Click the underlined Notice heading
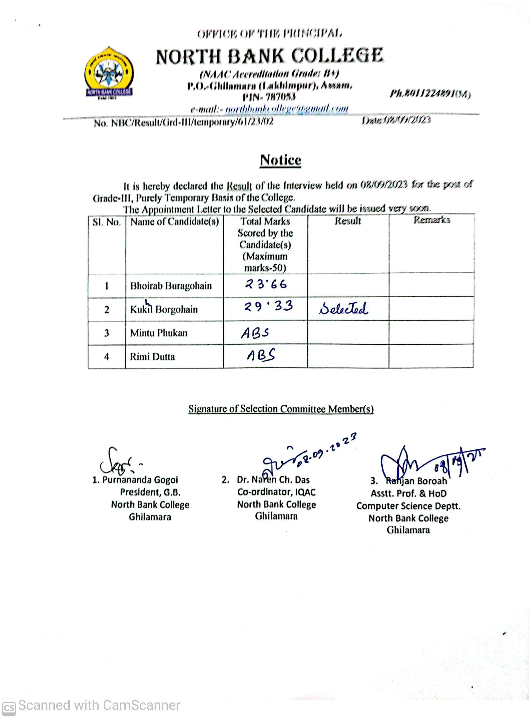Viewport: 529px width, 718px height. [x=280, y=160]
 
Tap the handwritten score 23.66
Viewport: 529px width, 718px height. [x=266, y=284]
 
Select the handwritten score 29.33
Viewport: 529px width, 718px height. [x=268, y=306]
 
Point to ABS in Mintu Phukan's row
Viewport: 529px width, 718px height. [x=255, y=333]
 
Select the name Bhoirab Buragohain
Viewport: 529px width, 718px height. [x=171, y=286]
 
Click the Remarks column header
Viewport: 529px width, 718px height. [x=432, y=220]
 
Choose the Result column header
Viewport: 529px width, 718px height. [x=348, y=221]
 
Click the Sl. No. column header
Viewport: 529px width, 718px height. [x=107, y=222]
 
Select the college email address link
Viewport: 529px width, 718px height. [x=287, y=109]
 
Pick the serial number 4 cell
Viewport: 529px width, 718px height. [x=107, y=356]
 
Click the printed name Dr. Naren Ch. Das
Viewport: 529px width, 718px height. [x=273, y=480]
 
